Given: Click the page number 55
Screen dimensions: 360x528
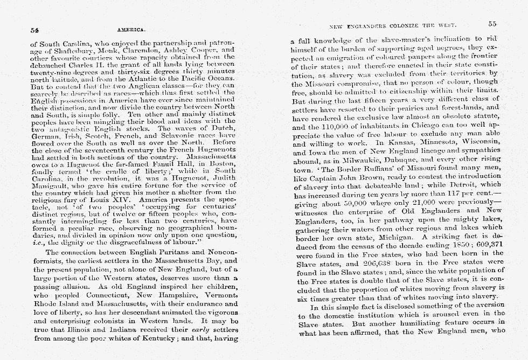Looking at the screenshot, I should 492,24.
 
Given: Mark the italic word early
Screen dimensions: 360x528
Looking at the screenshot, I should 193,329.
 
